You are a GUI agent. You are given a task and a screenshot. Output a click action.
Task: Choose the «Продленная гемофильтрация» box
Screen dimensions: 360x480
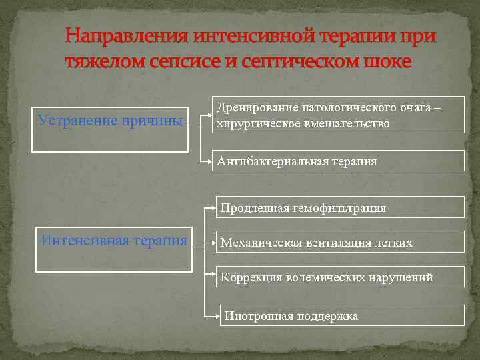pyautogui.click(x=340, y=208)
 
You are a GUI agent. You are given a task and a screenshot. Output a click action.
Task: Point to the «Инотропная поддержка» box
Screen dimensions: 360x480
pyautogui.click(x=343, y=316)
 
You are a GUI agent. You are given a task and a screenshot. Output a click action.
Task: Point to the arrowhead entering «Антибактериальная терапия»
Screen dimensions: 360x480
pyautogui.click(x=209, y=161)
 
